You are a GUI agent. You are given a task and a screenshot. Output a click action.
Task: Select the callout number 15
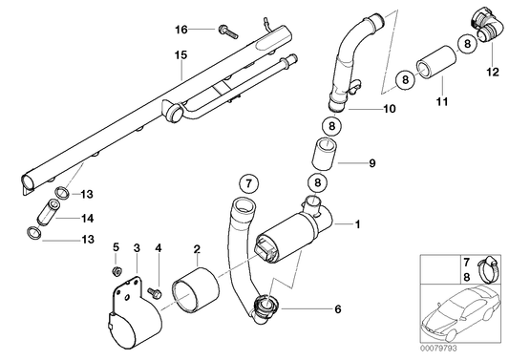(x=179, y=55)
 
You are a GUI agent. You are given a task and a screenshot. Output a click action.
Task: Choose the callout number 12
(x=493, y=71)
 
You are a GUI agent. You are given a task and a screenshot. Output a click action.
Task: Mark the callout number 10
(x=390, y=110)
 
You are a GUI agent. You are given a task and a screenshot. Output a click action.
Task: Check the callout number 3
(x=137, y=249)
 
